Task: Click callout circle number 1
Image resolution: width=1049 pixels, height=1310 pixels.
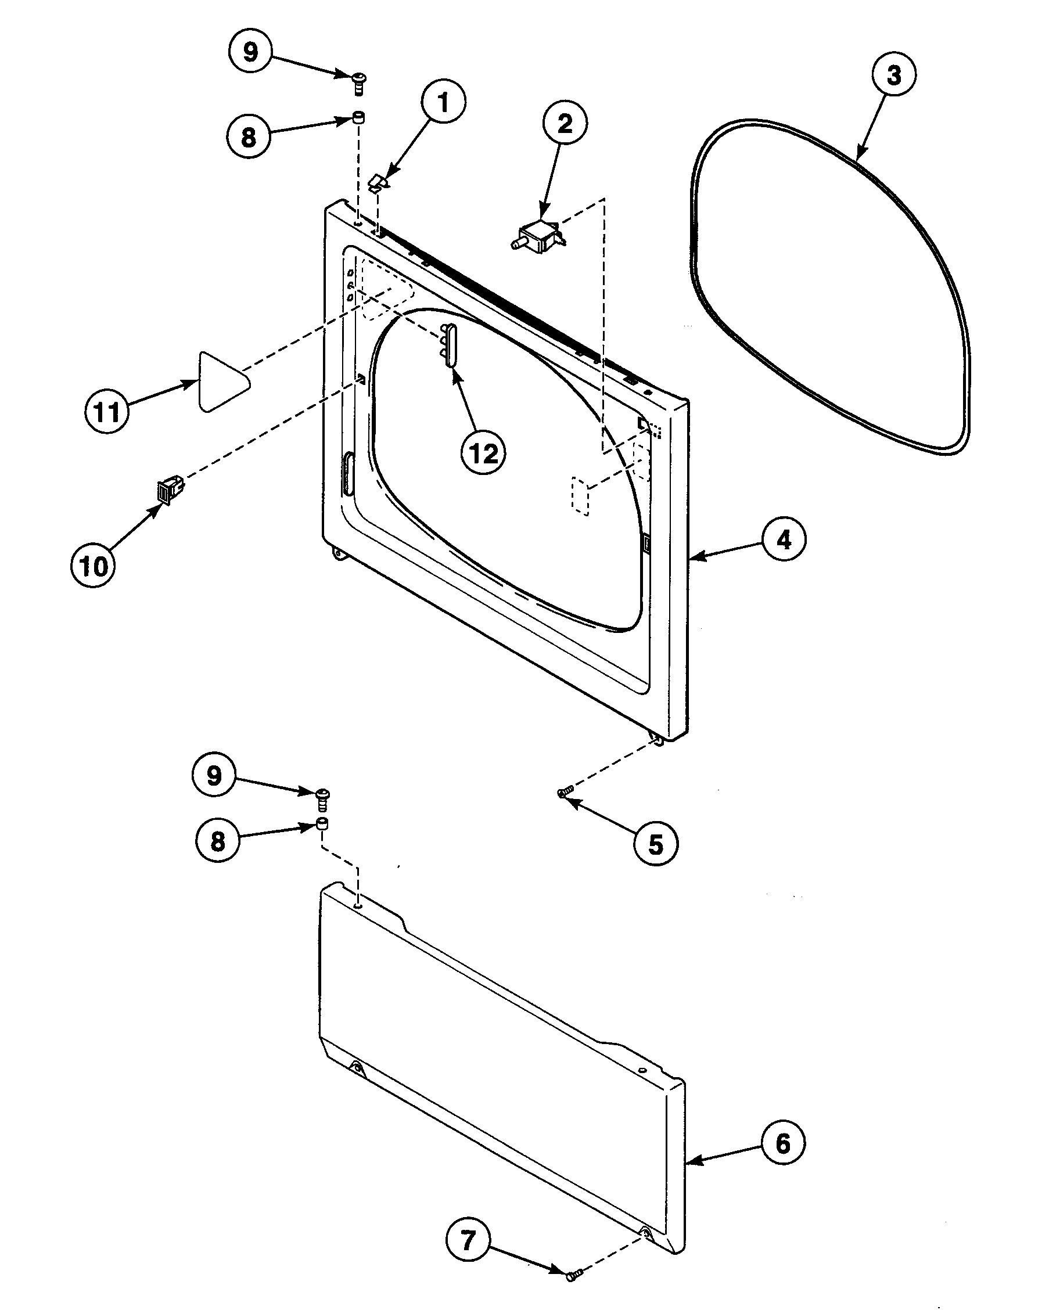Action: click(444, 102)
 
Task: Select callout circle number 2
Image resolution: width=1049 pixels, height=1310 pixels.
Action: click(565, 124)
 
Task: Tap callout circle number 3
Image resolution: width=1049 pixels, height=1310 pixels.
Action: click(893, 75)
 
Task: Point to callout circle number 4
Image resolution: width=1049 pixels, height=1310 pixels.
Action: click(784, 539)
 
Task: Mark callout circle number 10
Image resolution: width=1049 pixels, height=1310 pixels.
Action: click(93, 566)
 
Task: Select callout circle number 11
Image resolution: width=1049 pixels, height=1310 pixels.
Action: click(107, 412)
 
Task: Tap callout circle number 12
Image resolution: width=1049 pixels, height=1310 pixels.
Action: click(484, 454)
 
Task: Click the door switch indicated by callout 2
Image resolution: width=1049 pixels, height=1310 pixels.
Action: click(539, 237)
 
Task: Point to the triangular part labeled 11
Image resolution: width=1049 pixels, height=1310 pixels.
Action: click(222, 382)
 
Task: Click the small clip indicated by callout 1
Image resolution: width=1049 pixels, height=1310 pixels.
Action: click(379, 181)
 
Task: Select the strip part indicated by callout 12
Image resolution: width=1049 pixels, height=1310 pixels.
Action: click(450, 344)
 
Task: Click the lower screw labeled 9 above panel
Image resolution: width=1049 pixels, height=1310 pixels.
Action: click(323, 798)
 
